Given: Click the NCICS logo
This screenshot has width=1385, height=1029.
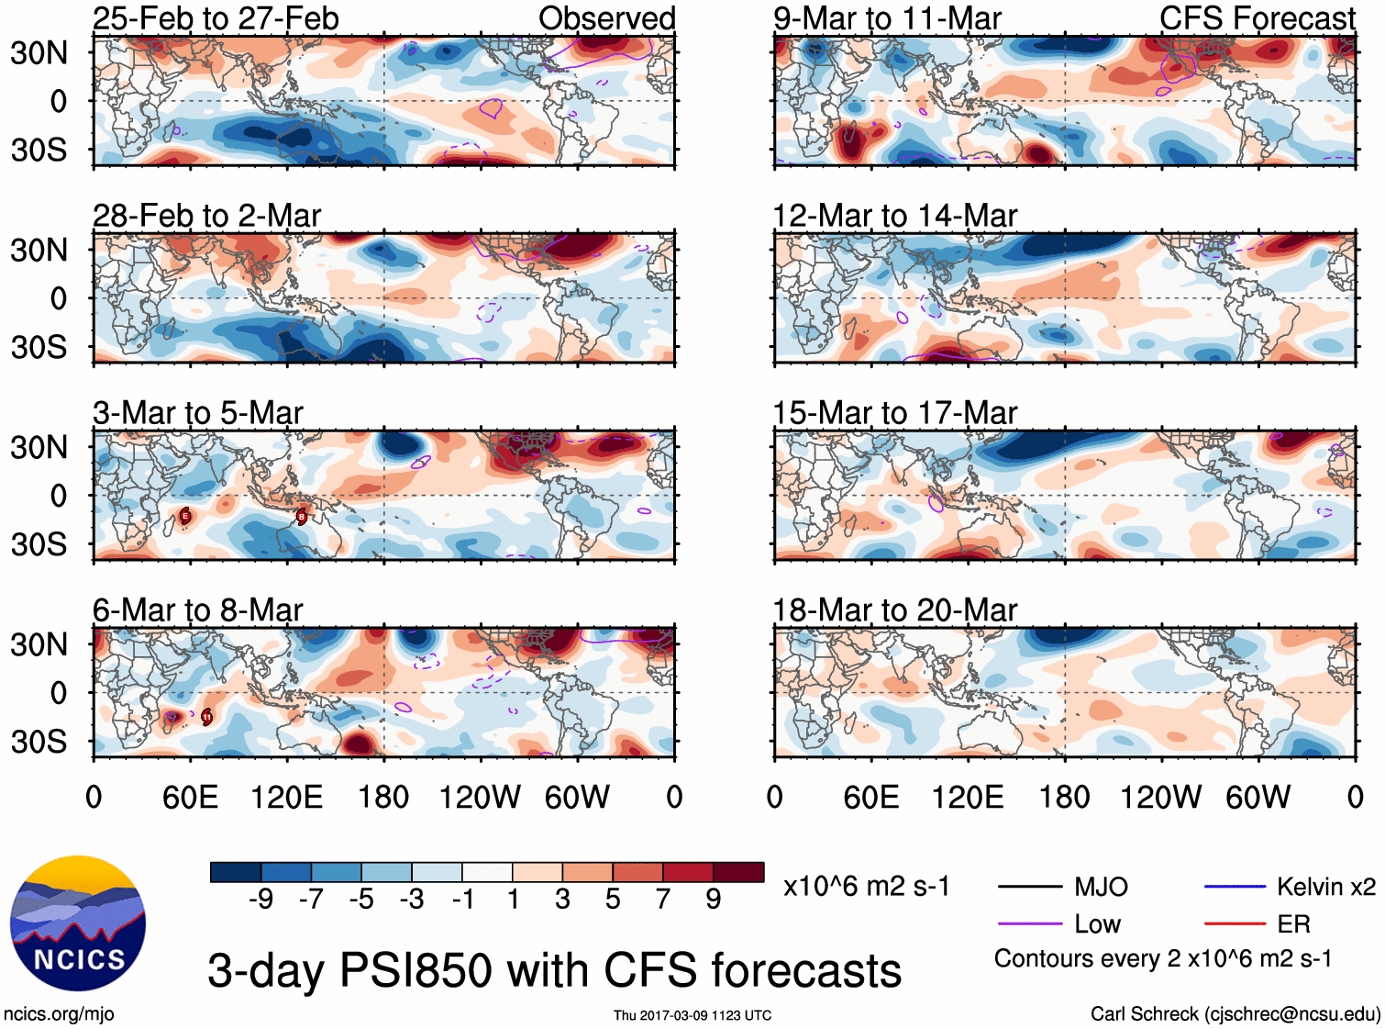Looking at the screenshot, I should pyautogui.click(x=78, y=923).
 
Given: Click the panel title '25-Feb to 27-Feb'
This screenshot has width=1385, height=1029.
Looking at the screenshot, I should pyautogui.click(x=216, y=18).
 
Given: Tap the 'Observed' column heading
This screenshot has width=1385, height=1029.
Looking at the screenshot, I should pyautogui.click(x=606, y=18).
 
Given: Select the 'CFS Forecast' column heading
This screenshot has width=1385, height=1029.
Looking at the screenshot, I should pyautogui.click(x=1257, y=18).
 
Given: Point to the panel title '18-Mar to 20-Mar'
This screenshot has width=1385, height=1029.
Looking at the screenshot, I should pyautogui.click(x=894, y=610).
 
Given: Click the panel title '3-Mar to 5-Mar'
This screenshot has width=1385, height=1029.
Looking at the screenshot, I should pyautogui.click(x=197, y=413).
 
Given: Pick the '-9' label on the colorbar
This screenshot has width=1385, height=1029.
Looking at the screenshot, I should pyautogui.click(x=260, y=900).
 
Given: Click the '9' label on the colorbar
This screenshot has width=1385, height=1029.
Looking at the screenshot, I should pyautogui.click(x=714, y=900).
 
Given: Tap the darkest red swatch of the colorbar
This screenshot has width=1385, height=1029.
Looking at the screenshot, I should pyautogui.click(x=738, y=872).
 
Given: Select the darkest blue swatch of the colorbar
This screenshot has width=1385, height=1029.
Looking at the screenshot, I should pyautogui.click(x=236, y=872).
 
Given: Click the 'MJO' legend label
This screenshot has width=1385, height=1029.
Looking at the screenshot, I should pyautogui.click(x=1101, y=887).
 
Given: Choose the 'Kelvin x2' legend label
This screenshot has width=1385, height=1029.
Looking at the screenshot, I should pyautogui.click(x=1325, y=887).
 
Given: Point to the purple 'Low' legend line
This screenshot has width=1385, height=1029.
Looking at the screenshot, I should pyautogui.click(x=1029, y=924).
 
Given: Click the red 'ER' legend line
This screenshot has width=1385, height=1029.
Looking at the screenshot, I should pyautogui.click(x=1235, y=924).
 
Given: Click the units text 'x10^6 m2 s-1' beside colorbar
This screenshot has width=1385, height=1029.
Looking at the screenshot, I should pyautogui.click(x=866, y=887).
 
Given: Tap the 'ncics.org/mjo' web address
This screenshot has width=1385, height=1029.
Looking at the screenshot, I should pyautogui.click(x=59, y=1014).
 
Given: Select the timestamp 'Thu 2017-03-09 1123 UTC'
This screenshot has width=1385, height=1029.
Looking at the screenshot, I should pyautogui.click(x=692, y=1015).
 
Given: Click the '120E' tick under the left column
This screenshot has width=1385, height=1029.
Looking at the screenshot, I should pyautogui.click(x=286, y=797).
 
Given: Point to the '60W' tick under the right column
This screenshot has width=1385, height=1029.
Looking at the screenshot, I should pyautogui.click(x=1258, y=797).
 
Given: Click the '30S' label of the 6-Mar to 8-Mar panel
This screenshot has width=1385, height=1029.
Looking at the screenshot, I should pyautogui.click(x=39, y=742).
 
